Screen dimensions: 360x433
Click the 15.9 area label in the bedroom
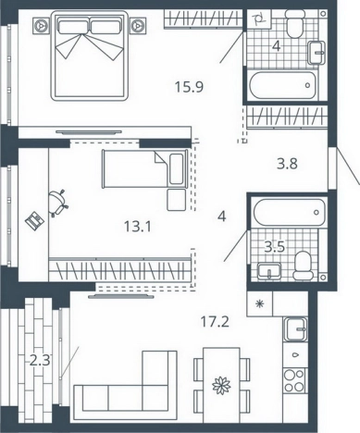click(189, 87)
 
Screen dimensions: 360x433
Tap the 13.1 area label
click(138, 228)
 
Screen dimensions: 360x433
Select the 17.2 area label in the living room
click(215, 322)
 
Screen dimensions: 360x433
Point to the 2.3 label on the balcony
click(40, 360)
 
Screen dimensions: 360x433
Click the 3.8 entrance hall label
click(287, 164)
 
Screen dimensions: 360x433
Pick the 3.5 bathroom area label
click(275, 247)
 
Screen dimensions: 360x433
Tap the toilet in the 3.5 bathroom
click(302, 266)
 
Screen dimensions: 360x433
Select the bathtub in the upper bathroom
click(283, 85)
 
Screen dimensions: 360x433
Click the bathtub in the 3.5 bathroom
click(290, 212)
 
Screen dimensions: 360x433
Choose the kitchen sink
click(296, 329)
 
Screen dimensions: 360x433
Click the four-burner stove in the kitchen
click(294, 380)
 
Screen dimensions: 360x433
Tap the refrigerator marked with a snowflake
click(260, 304)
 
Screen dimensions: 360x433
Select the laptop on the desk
click(34, 220)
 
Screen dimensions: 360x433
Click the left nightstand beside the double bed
click(41, 25)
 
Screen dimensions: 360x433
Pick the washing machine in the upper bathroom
click(259, 19)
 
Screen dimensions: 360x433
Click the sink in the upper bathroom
click(317, 53)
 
